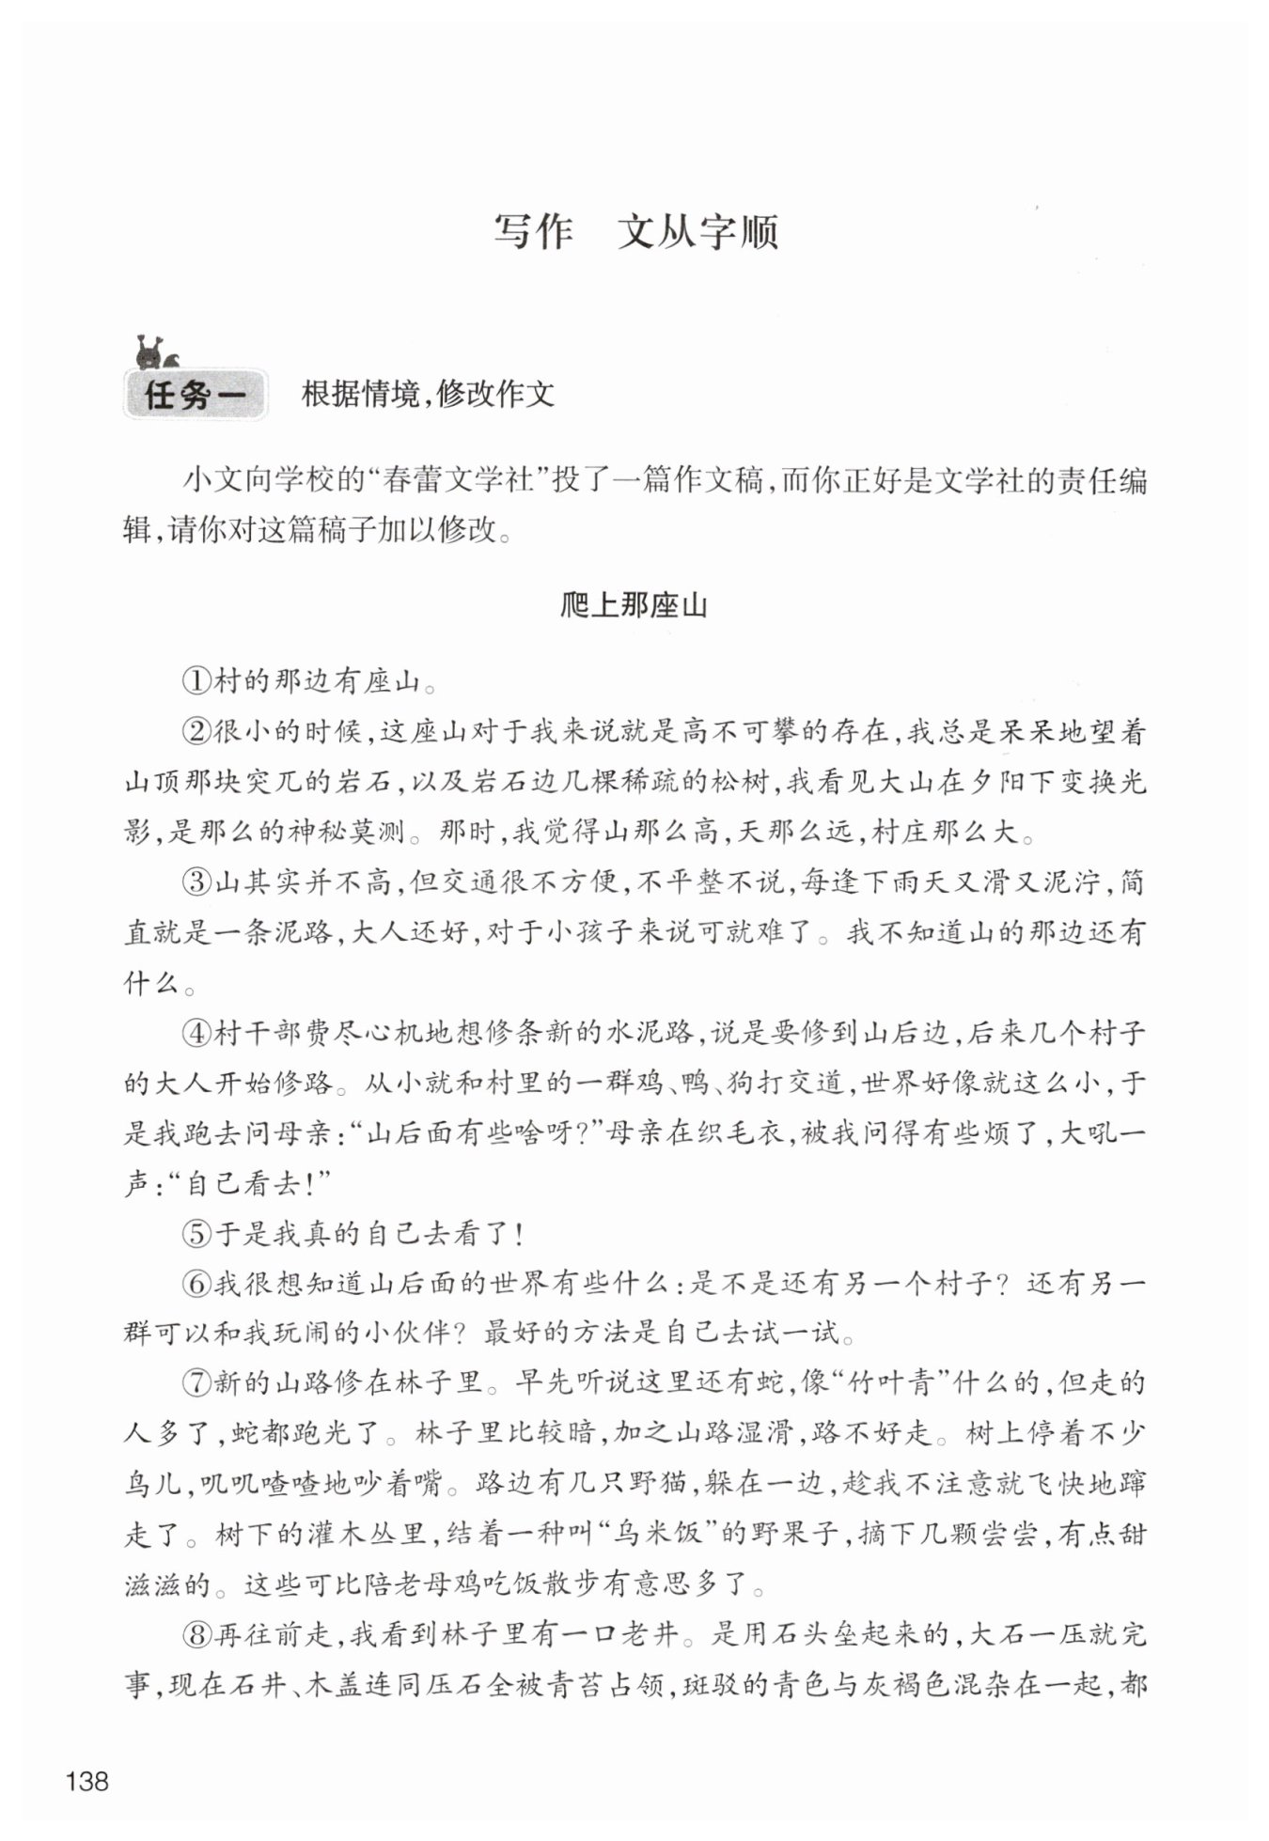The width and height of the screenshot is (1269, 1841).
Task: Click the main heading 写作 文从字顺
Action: [x=635, y=233]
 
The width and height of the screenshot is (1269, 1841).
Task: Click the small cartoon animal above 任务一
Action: [x=156, y=351]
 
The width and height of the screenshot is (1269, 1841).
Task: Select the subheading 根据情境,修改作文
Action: [x=428, y=395]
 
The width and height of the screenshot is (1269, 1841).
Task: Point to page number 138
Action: [x=87, y=1782]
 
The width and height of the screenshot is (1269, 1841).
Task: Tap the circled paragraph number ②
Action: [x=197, y=732]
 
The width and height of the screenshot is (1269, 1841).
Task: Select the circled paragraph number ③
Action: [x=197, y=883]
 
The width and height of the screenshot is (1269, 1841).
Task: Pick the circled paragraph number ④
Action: [x=197, y=1034]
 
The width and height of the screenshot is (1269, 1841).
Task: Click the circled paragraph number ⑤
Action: [x=197, y=1234]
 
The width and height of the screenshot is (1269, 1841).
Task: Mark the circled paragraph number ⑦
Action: [x=197, y=1384]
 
